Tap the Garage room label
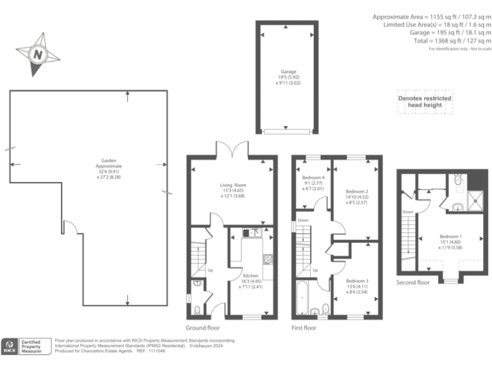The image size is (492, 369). click(x=288, y=72)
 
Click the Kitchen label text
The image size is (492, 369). click(x=250, y=276)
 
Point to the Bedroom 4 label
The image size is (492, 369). click(x=312, y=177)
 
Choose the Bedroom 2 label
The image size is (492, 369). click(x=356, y=192)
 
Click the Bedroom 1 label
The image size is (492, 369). click(x=451, y=237)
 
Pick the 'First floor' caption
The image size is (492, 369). click(x=304, y=327)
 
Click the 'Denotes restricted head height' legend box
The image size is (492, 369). click(x=424, y=102)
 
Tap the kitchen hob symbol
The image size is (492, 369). click(x=267, y=259)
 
